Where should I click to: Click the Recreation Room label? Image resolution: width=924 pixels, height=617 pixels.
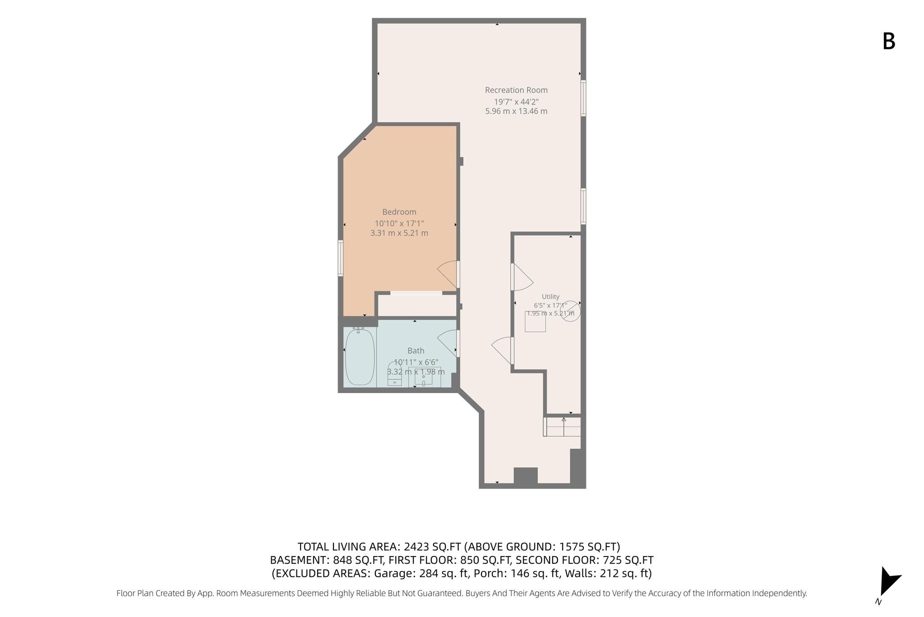516,90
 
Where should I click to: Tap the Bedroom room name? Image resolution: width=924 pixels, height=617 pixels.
399,212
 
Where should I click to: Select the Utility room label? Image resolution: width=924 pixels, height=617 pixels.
550,297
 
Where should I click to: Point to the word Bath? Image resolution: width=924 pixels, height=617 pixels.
416,351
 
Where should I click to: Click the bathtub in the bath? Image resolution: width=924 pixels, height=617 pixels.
360,357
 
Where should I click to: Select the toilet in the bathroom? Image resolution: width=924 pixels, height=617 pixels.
395,374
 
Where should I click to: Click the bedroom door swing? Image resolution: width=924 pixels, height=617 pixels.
448,274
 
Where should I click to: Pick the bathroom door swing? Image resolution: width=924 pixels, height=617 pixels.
448,343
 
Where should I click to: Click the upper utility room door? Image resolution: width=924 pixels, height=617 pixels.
522,277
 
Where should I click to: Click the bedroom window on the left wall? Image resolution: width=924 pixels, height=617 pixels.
341,258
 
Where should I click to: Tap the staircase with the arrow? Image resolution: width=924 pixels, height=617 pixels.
562,426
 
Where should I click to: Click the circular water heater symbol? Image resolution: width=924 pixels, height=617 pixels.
570,311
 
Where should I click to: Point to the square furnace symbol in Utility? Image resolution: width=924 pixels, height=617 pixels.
535,322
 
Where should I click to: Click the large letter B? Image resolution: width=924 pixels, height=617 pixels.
889,42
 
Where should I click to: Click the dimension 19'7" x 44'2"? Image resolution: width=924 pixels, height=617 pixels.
516,102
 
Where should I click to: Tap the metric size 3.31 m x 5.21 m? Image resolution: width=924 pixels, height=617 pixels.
399,233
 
